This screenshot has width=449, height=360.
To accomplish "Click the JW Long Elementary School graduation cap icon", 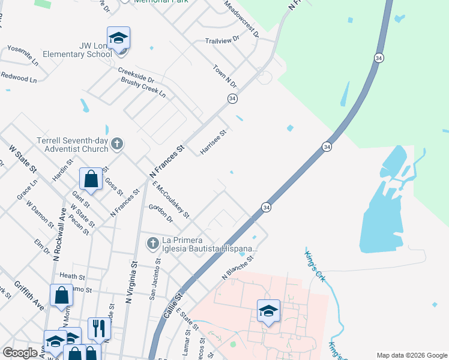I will click(118, 38).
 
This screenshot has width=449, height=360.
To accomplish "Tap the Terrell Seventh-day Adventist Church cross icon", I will click(117, 144).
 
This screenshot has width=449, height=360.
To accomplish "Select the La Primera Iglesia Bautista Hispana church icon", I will click(153, 242).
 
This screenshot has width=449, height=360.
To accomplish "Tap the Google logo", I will click(20, 353).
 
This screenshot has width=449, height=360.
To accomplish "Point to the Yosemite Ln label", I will click(22, 55).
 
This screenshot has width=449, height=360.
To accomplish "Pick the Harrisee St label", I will click(213, 142).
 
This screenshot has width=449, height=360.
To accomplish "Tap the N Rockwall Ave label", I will click(59, 233).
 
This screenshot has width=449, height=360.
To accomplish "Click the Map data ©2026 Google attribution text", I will click(411, 355).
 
